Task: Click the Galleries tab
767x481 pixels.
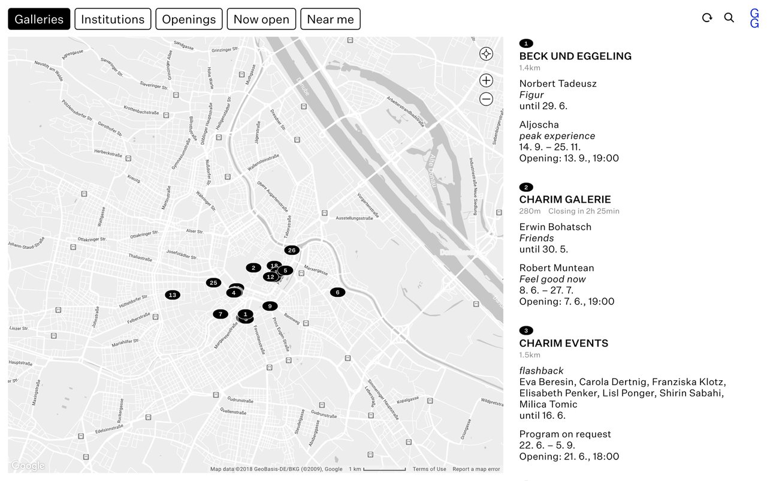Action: (39, 19)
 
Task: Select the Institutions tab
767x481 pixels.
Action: (113, 19)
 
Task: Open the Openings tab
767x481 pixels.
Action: (189, 19)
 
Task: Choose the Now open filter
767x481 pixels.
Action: (261, 19)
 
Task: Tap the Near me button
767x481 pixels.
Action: (330, 19)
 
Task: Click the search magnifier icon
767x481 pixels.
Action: (729, 18)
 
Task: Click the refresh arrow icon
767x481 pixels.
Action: (707, 18)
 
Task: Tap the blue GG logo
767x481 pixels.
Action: (754, 19)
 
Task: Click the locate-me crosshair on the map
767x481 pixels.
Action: (486, 54)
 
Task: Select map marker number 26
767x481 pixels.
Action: (292, 250)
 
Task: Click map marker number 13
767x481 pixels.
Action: (173, 294)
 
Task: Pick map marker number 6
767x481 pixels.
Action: (337, 292)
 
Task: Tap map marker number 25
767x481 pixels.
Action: (213, 282)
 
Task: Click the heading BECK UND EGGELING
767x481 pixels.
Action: (575, 56)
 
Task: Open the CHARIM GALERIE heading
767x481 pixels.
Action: (565, 200)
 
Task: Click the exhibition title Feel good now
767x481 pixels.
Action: (552, 279)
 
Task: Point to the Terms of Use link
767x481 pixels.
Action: (429, 469)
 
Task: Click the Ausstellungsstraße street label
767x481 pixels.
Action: (355, 218)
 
